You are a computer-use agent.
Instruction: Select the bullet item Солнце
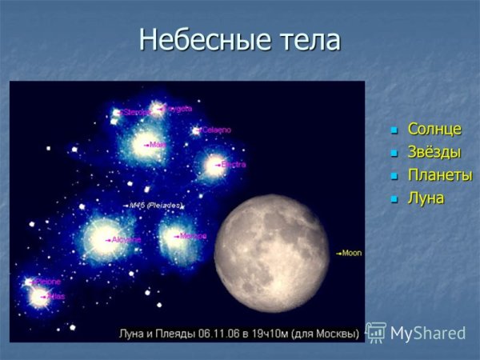[x=434, y=128]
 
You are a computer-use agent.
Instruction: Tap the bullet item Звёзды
[x=434, y=151]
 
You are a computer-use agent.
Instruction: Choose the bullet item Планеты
[x=439, y=174]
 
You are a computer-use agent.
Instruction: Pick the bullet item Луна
[x=426, y=198]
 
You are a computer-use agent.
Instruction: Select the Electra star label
[x=233, y=164]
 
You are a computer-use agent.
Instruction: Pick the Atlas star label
[x=55, y=296]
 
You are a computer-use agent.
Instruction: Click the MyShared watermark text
[x=427, y=332]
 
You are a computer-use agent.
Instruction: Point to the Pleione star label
[x=47, y=282]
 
